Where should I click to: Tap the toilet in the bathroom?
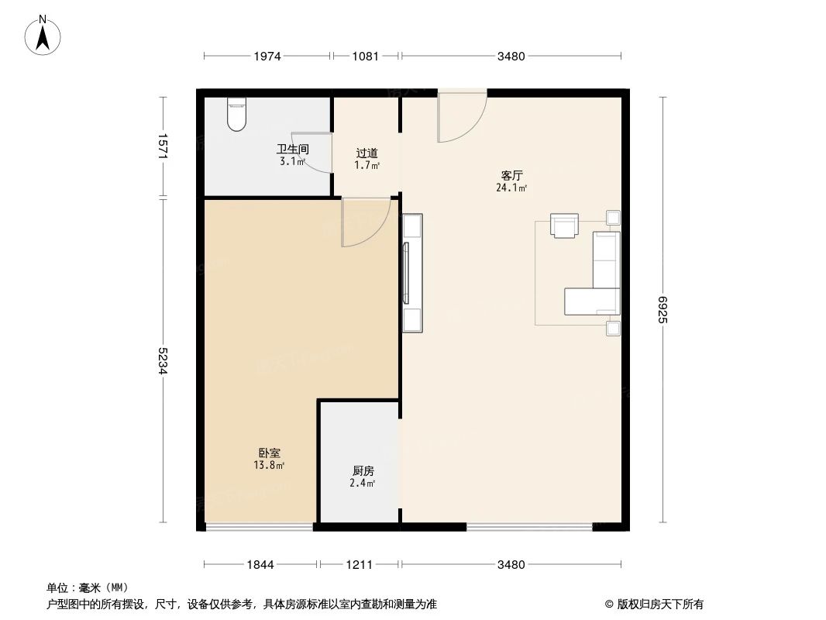point(237,114)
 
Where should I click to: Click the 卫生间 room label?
point(293,150)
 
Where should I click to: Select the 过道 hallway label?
point(367,153)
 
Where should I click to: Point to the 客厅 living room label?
point(511,175)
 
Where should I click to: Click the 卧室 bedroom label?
point(270,453)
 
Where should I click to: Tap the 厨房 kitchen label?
point(363,470)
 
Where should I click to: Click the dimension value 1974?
point(267,56)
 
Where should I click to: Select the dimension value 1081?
point(365,56)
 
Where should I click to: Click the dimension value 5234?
point(163,360)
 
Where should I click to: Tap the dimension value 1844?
point(261,564)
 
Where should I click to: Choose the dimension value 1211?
point(359,564)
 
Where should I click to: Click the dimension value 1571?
point(163,146)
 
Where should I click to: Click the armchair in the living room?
point(564,226)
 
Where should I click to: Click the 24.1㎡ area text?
point(511,188)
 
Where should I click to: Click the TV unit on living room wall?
point(411,273)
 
